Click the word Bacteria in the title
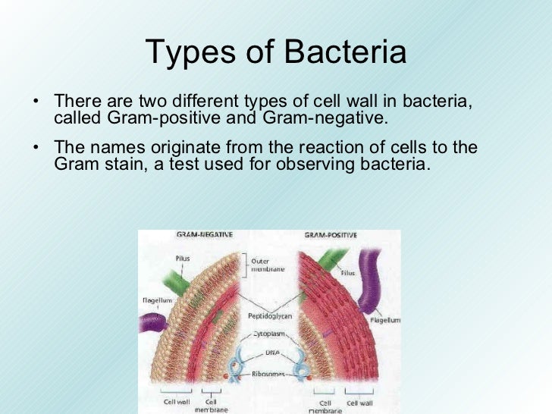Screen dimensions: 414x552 click(x=345, y=52)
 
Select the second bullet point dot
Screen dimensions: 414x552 click(x=36, y=147)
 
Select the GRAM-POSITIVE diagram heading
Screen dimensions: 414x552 click(x=331, y=236)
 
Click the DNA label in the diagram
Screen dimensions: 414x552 click(x=271, y=353)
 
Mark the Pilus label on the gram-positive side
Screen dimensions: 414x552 click(x=347, y=273)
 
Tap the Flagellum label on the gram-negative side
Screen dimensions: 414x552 click(x=156, y=300)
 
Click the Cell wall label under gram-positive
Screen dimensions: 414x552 click(x=360, y=403)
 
